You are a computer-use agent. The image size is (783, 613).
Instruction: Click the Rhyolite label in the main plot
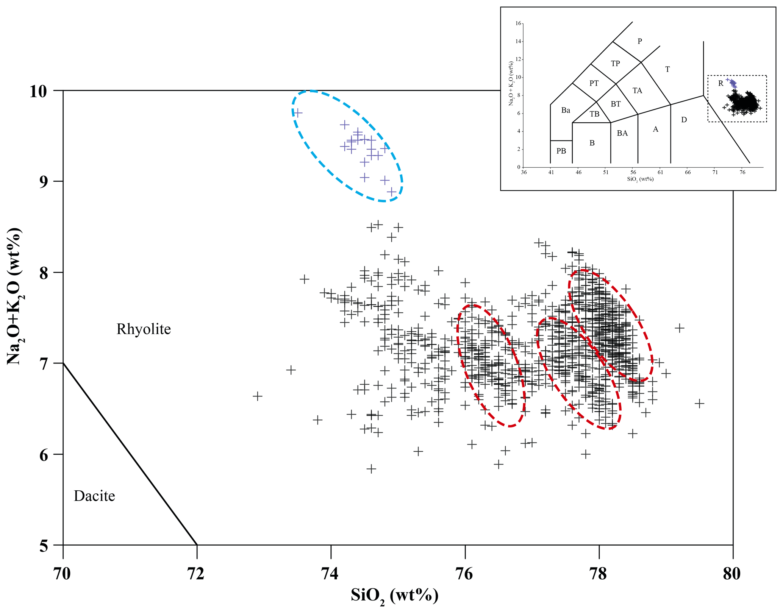point(144,329)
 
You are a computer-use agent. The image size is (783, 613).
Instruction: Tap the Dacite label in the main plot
point(94,496)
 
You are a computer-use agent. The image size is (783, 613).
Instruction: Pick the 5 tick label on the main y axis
point(44,546)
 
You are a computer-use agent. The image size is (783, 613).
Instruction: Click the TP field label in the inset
point(615,64)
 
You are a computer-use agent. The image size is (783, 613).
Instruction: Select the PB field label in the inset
point(561,151)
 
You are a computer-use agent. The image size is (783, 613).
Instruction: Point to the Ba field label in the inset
point(566,110)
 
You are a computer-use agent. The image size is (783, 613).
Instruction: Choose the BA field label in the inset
point(622,133)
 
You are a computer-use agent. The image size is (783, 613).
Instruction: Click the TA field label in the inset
point(637,90)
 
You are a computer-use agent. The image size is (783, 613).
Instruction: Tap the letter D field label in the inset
point(684,120)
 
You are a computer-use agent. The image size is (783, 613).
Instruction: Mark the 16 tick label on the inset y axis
point(518,23)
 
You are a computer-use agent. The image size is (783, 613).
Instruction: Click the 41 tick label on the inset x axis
point(551,172)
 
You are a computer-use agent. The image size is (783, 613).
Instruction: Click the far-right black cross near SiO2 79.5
point(699,403)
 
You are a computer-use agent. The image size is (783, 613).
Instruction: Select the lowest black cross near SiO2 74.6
point(371,469)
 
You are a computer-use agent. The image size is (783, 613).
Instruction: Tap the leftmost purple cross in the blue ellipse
point(298,113)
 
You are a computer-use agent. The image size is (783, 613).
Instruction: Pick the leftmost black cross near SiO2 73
point(258,396)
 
